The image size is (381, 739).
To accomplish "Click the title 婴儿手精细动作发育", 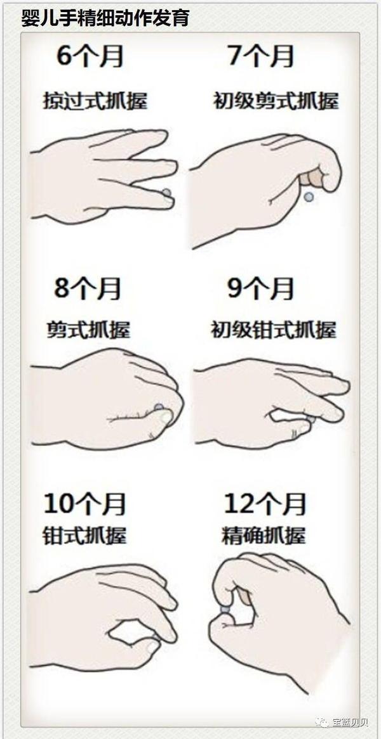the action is [x=105, y=18].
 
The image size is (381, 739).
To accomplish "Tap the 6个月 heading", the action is [x=90, y=56].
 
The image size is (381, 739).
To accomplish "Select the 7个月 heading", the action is [x=260, y=56].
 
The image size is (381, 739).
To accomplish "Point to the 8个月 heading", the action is [x=88, y=289].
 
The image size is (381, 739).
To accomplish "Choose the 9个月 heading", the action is [x=260, y=289].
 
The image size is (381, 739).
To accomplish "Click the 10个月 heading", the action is [x=84, y=504].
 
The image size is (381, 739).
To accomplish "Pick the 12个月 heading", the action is [x=265, y=504].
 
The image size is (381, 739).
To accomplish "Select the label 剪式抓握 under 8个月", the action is [x=88, y=330].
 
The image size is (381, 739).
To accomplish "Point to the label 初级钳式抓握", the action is [x=274, y=330].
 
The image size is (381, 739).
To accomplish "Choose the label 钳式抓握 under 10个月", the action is [x=85, y=536].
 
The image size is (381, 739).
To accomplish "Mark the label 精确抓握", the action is [x=264, y=536].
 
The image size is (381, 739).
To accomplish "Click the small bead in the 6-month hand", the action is [x=166, y=192].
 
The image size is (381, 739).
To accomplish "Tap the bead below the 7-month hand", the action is [x=309, y=197].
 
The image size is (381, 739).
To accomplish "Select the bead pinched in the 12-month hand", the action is [x=225, y=610].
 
